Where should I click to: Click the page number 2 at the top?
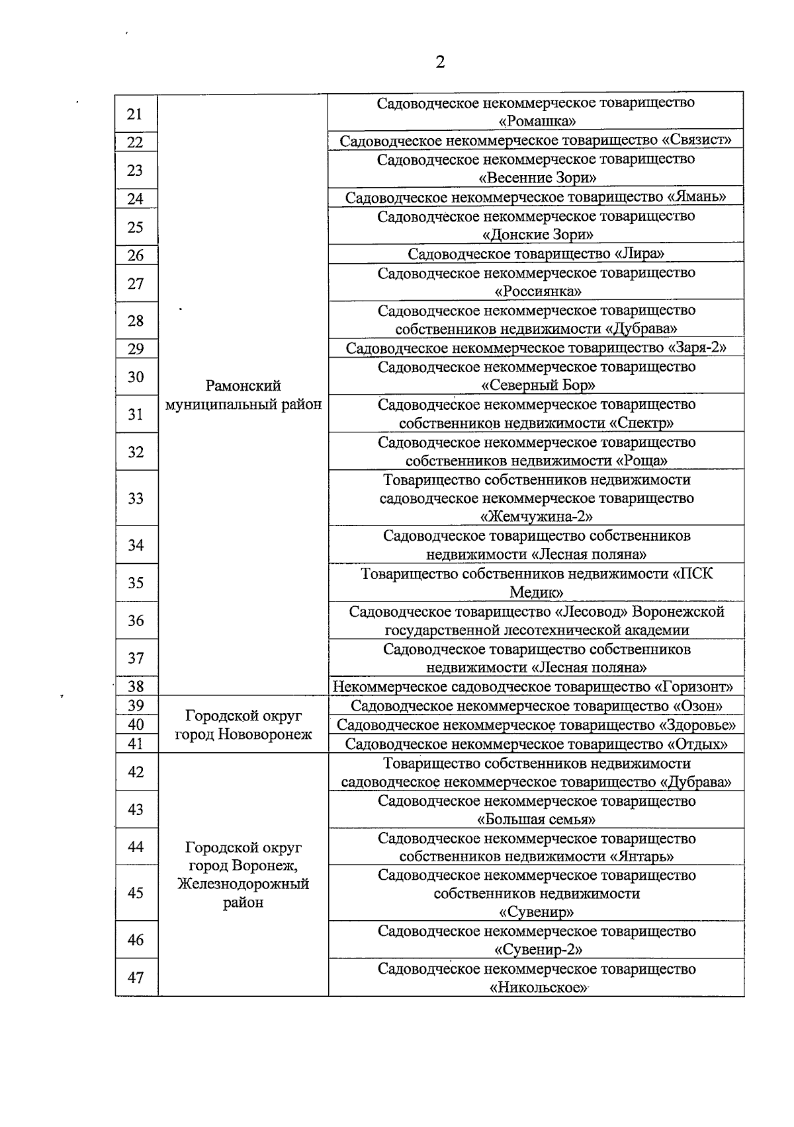tap(440, 62)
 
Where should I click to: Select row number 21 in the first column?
tap(135, 114)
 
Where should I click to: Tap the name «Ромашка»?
tap(537, 121)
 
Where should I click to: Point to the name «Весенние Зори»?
tap(537, 178)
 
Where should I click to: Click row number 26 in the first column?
tap(135, 256)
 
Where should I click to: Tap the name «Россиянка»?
tap(537, 291)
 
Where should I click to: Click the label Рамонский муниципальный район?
tap(243, 395)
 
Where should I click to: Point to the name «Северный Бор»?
tap(537, 385)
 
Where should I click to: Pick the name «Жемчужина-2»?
tap(537, 516)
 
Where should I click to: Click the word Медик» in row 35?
tap(537, 592)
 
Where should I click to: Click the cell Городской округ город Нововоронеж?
tap(243, 724)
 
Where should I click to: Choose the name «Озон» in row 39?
tap(697, 706)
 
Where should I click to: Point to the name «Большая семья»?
tap(537, 820)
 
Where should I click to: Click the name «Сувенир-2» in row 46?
tap(537, 950)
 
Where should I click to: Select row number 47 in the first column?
tap(135, 977)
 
